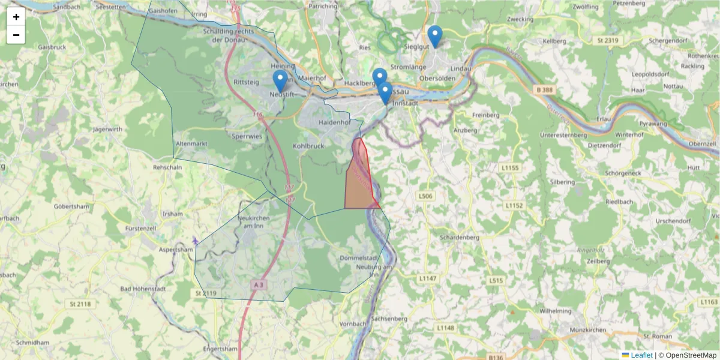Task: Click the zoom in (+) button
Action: (x=16, y=17)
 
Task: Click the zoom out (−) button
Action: (x=16, y=35)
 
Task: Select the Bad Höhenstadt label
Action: (x=143, y=289)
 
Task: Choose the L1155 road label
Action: (x=511, y=167)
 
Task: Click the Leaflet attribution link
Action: (x=641, y=355)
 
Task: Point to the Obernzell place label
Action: (x=703, y=144)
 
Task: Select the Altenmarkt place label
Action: (x=192, y=144)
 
